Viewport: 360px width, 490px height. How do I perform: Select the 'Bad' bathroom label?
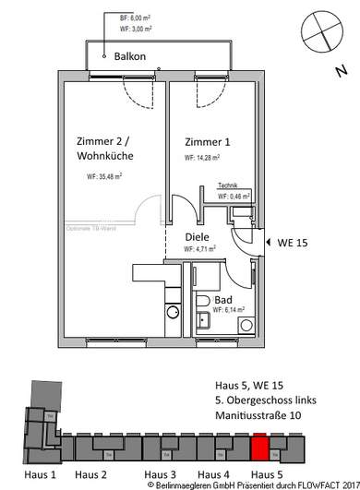(x=222, y=301)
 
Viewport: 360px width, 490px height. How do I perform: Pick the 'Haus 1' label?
(x=40, y=473)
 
